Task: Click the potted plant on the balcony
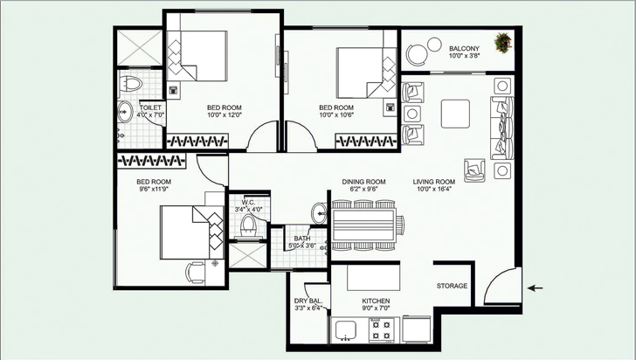pyautogui.click(x=503, y=43)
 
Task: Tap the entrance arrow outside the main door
pyautogui.click(x=535, y=288)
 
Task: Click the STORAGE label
pyautogui.click(x=452, y=286)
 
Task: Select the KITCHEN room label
pyautogui.click(x=376, y=301)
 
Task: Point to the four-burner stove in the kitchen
pyautogui.click(x=381, y=330)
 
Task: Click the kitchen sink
pyautogui.click(x=346, y=330)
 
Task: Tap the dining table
pyautogui.click(x=363, y=225)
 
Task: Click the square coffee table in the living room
pyautogui.click(x=455, y=114)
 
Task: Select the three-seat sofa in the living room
pyautogui.click(x=502, y=128)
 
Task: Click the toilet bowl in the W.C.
pyautogui.click(x=248, y=226)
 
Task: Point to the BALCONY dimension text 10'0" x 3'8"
pyautogui.click(x=465, y=56)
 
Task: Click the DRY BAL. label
pyautogui.click(x=308, y=301)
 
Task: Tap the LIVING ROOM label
pyautogui.click(x=434, y=182)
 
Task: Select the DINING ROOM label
pyautogui.click(x=363, y=182)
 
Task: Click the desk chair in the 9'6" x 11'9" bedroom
pyautogui.click(x=195, y=273)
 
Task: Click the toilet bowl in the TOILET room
pyautogui.click(x=131, y=84)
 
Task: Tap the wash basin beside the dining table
pyautogui.click(x=319, y=213)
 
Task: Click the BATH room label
pyautogui.click(x=302, y=239)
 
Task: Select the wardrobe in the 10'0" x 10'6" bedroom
pyautogui.click(x=366, y=142)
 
